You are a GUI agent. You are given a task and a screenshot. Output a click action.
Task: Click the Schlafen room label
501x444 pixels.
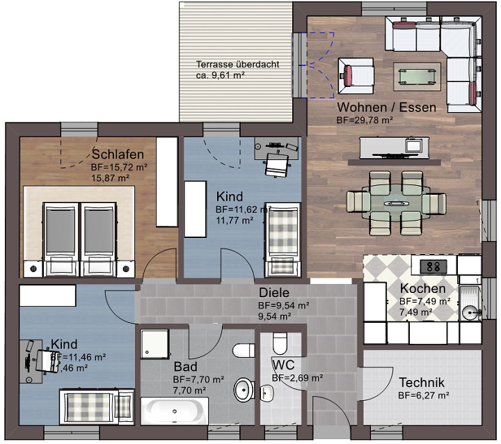coord(118,154)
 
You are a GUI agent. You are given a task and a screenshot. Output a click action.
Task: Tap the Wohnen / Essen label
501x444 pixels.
coord(386,107)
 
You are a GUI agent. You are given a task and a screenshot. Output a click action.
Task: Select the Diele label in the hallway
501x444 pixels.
coord(273,293)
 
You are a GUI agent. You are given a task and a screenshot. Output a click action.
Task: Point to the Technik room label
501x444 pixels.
coord(422,383)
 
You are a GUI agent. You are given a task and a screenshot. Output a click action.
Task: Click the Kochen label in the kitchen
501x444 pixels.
coord(423,289)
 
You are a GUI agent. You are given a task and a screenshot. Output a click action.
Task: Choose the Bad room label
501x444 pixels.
coord(185,367)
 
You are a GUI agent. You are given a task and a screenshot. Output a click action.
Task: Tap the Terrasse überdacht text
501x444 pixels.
coord(237,65)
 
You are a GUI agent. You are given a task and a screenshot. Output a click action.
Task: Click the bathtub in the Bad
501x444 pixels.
coord(174,411)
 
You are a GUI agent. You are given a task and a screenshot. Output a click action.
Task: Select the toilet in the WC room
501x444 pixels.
coord(280,342)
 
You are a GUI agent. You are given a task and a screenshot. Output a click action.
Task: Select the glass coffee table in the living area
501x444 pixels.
coord(417,74)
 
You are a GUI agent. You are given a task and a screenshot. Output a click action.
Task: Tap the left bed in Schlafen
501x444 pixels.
coord(62,237)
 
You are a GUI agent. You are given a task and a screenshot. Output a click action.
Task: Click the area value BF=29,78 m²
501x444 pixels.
coord(365,120)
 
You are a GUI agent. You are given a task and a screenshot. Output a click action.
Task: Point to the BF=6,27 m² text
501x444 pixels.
coord(423,395)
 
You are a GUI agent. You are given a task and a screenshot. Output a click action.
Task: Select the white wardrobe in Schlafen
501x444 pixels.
coord(167,181)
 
